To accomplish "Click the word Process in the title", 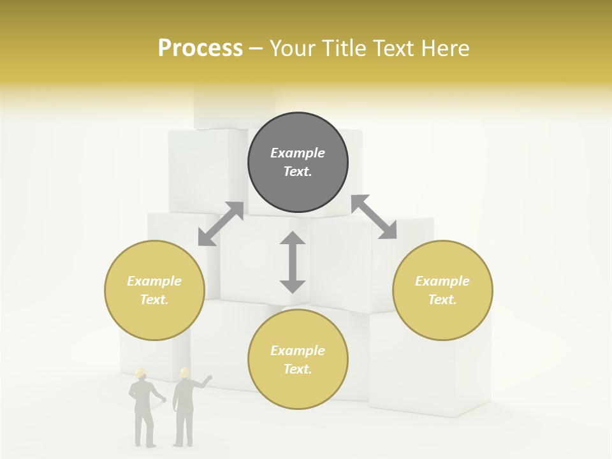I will coord(200,48).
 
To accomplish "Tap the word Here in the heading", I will coord(444,48).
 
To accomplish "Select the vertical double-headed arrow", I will coord(293,262).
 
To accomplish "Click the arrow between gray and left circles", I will coord(221,224).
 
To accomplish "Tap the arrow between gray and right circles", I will coord(374,217).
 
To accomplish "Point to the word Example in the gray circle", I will coord(298,153).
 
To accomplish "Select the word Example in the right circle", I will coord(442,281).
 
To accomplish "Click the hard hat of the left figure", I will coord(141,372).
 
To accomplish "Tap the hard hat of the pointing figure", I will coord(185,372).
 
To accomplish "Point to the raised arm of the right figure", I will coord(203,382).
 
